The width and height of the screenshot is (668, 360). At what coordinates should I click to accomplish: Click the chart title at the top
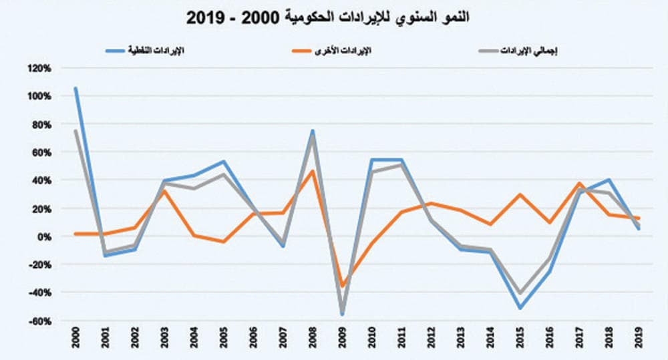pos(327,17)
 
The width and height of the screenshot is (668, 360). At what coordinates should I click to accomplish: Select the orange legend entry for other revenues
pos(330,51)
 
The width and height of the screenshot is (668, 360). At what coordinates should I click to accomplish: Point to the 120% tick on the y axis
pos(39,68)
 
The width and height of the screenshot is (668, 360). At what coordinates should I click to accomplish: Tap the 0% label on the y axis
pos(43,236)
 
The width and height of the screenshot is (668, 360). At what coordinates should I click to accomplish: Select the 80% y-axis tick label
pos(41,124)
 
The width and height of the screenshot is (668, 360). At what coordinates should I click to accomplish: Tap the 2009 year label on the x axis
pos(343,339)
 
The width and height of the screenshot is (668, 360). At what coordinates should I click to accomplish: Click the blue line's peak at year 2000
pos(75,87)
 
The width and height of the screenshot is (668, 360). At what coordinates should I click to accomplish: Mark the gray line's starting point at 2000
pos(75,130)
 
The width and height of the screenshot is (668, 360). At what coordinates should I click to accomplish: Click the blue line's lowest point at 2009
pos(342,314)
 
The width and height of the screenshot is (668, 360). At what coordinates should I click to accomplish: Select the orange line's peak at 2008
pos(313,171)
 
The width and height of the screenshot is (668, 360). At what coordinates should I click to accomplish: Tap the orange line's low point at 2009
pos(343,286)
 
